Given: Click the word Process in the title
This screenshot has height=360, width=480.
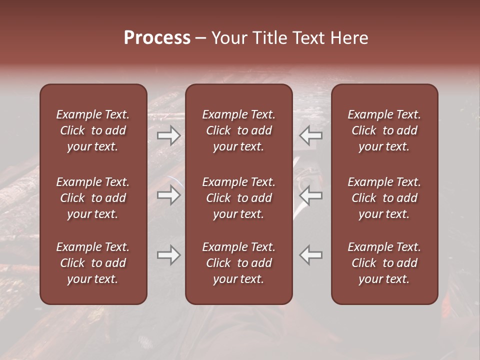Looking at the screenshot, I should (x=157, y=38).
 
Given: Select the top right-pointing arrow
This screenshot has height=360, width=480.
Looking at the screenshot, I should (x=168, y=135).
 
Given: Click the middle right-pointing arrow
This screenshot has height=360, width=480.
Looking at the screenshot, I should (x=168, y=195).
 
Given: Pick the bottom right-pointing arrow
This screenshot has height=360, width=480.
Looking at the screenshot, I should (x=168, y=255).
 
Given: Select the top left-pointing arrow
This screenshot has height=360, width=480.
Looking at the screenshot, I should (x=311, y=135).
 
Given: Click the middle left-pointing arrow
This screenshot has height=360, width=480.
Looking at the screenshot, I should (x=311, y=195).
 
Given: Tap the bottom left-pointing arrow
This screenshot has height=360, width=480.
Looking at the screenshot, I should (x=311, y=255).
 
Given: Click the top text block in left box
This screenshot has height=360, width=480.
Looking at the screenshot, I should (x=93, y=130).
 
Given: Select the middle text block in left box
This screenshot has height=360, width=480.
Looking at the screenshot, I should (x=93, y=198).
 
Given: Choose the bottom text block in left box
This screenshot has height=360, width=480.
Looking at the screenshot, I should (x=93, y=263).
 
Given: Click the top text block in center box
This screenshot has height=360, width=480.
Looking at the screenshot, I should (x=239, y=130).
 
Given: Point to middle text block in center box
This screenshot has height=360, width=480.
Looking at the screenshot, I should (x=239, y=198).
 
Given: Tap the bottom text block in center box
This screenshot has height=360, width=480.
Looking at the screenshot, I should (x=239, y=263).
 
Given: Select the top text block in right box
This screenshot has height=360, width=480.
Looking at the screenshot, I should (x=384, y=130).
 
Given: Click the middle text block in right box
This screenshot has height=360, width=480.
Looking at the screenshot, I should (x=384, y=198).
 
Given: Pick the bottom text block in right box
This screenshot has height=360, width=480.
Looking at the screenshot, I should (x=384, y=263).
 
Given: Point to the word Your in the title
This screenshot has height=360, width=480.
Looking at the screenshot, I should (x=229, y=38).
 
